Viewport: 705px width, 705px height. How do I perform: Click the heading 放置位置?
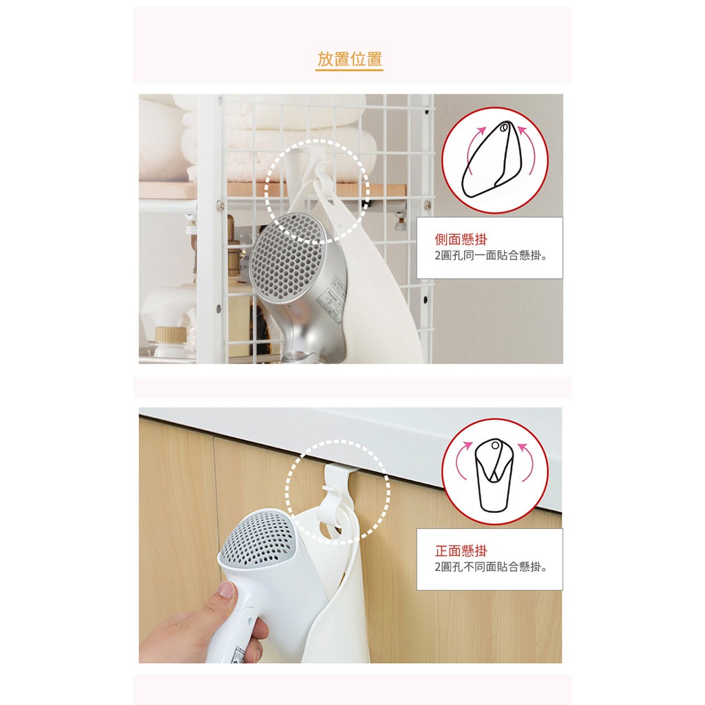pos(349,59)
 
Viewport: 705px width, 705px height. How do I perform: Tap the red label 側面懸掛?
pos(461,239)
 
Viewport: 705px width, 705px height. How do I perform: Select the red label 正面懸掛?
pos(461,550)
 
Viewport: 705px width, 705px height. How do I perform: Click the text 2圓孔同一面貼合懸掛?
pos(491,256)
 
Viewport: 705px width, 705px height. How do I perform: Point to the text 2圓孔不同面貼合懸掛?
pos(491,567)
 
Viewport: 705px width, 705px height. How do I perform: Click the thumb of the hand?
pos(226,590)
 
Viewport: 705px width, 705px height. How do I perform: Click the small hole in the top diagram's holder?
pos(504,127)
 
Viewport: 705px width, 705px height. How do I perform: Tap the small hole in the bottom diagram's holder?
pos(495,445)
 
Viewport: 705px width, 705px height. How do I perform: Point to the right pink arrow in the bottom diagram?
pos(527,461)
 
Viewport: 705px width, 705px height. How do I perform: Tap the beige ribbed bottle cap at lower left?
pos(171,336)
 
